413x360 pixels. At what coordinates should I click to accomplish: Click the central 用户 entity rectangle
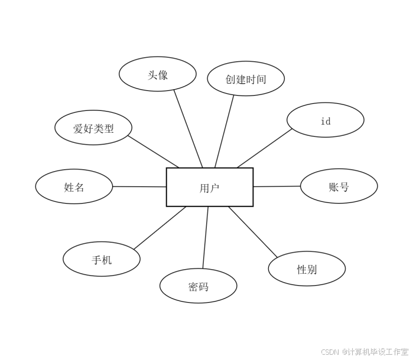(x=209, y=187)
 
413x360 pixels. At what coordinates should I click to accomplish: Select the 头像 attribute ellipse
(x=157, y=74)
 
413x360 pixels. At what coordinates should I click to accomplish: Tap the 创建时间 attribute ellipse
(x=246, y=78)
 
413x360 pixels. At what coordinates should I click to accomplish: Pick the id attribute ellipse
(x=325, y=120)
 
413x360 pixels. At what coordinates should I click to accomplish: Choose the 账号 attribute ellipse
(x=339, y=186)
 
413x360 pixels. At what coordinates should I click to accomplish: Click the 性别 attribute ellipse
(x=307, y=269)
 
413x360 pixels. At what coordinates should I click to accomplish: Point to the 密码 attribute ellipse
(x=198, y=286)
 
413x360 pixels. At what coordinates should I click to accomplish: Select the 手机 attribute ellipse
(x=102, y=259)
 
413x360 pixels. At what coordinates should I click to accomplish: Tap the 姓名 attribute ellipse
(x=74, y=186)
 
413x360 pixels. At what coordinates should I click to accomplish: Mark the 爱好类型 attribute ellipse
(x=93, y=128)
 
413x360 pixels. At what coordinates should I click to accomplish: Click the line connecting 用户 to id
(x=265, y=148)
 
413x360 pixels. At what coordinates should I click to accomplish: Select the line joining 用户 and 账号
(x=277, y=186)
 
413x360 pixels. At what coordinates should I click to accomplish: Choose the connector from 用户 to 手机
(x=160, y=228)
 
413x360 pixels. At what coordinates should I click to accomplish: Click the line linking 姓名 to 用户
(x=139, y=186)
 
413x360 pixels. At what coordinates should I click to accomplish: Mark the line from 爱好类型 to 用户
(x=153, y=152)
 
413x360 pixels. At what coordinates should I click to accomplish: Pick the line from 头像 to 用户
(x=188, y=129)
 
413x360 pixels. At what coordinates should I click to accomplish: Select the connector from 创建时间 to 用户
(x=224, y=131)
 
